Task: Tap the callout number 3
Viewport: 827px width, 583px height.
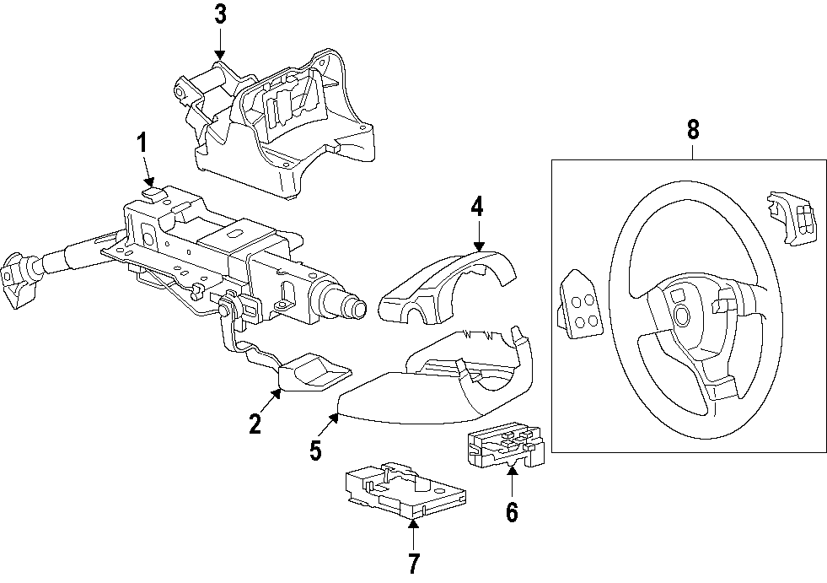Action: (x=220, y=14)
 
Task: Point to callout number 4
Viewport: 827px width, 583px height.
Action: (x=477, y=205)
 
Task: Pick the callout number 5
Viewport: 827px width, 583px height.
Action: (x=314, y=451)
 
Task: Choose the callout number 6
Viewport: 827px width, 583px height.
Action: (x=512, y=511)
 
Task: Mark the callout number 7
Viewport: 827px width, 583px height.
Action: (x=413, y=562)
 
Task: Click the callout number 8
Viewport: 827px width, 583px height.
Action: (x=692, y=130)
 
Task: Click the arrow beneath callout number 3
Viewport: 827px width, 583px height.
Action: (x=220, y=43)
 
